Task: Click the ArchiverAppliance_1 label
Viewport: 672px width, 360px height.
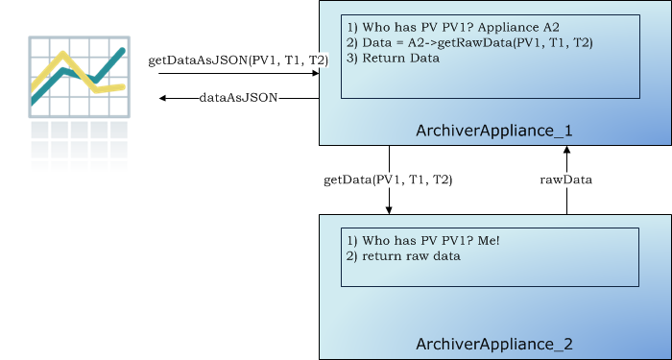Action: point(494,129)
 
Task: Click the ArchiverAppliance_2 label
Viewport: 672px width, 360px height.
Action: point(494,343)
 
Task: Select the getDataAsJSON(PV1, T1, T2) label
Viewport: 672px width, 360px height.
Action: point(238,60)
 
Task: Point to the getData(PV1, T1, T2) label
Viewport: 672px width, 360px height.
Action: point(389,180)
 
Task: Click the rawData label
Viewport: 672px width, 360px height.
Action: point(566,180)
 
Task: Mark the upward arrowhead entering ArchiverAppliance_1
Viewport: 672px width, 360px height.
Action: point(566,152)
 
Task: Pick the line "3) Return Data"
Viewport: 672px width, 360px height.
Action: point(394,58)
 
